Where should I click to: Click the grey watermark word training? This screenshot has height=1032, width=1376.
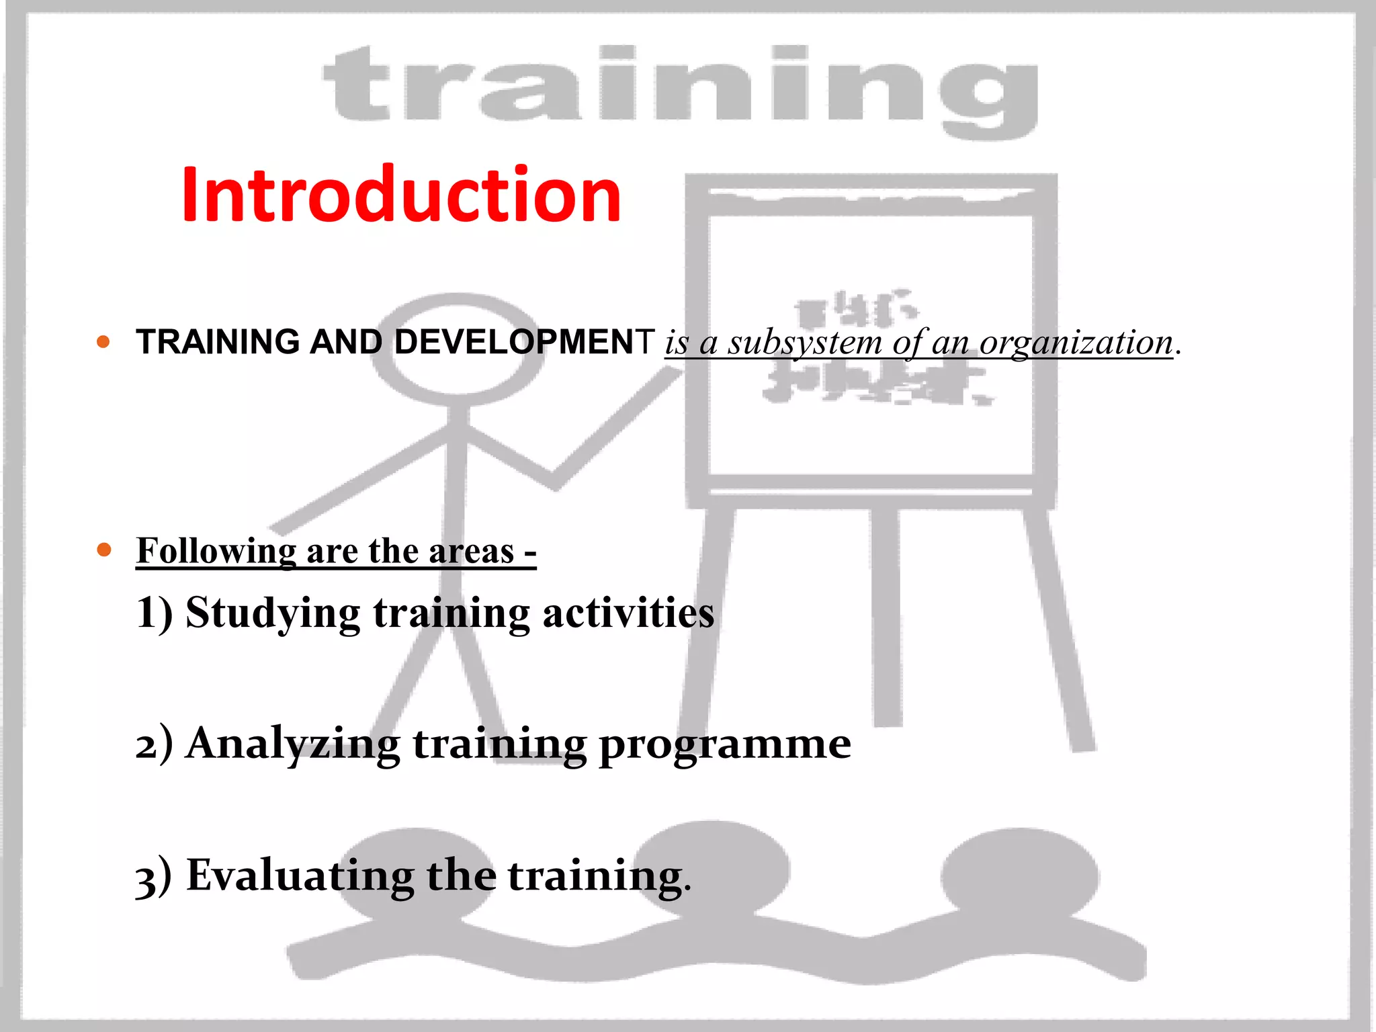coord(680,87)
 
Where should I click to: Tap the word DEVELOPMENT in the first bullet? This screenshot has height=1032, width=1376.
coord(524,342)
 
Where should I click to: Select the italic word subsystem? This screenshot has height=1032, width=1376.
coord(805,343)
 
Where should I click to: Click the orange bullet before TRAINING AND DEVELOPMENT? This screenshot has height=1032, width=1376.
coord(103,341)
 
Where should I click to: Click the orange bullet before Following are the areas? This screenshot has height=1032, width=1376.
coord(103,550)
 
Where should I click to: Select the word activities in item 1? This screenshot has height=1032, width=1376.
coord(628,613)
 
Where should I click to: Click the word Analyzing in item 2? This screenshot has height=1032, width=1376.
coord(294,744)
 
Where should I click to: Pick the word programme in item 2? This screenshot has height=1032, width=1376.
coord(725,744)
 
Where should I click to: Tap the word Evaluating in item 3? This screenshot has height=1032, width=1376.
coord(300,875)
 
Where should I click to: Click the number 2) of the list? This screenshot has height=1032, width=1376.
coord(154,745)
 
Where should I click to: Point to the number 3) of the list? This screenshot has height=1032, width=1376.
coord(154,877)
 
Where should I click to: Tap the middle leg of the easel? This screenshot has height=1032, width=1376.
coord(886,618)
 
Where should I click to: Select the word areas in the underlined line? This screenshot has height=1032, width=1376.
coord(471,551)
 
